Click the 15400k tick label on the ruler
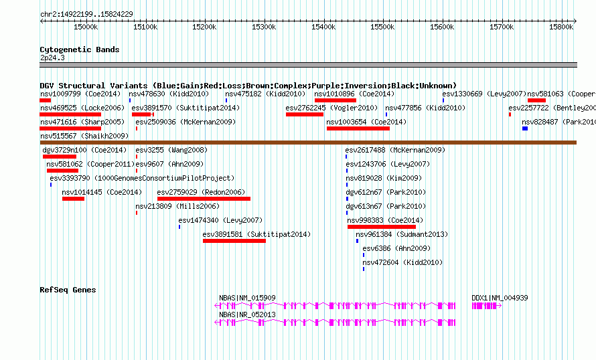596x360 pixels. coord(323,27)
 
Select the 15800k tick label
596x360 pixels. coord(561,27)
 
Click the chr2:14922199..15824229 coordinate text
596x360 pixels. coord(86,13)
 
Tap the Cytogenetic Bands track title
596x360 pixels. coord(79,50)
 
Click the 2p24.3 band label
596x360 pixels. coord(52,58)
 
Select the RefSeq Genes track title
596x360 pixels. coord(68,290)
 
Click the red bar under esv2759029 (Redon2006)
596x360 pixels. coord(204,199)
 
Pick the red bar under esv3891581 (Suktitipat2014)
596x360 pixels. coord(234,241)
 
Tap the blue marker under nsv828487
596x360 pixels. coord(525,128)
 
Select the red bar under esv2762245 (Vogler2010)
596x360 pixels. coord(305,114)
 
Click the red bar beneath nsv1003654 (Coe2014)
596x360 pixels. coord(358,128)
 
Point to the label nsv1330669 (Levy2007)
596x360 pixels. coord(484,94)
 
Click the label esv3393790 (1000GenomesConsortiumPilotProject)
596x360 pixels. coord(142,179)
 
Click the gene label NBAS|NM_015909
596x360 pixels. coord(247,298)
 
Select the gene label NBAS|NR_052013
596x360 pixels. coord(247,314)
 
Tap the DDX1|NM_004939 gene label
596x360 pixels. coord(500,298)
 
